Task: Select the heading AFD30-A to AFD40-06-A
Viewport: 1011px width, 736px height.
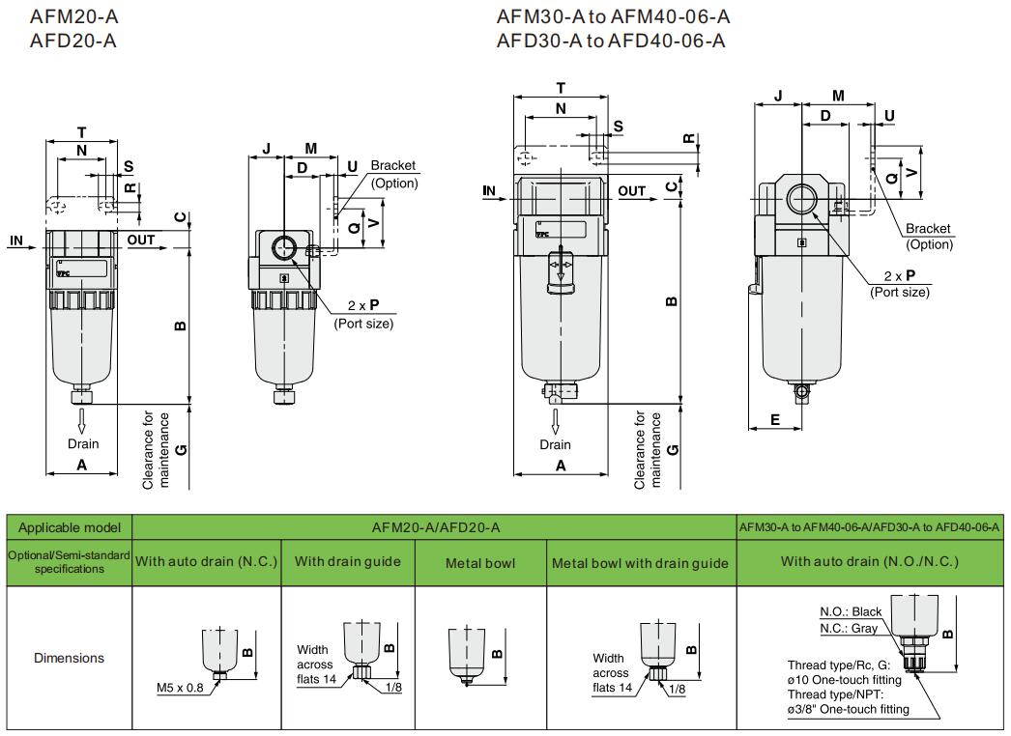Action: click(x=611, y=40)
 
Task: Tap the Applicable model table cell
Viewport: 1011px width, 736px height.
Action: click(x=70, y=527)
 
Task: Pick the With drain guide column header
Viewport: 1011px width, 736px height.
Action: click(x=348, y=562)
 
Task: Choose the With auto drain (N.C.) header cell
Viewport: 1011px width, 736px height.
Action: click(x=206, y=562)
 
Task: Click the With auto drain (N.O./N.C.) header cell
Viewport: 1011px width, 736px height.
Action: click(x=870, y=562)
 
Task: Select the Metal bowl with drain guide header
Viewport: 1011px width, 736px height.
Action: click(x=641, y=563)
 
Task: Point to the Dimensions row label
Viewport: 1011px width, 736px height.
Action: click(x=69, y=658)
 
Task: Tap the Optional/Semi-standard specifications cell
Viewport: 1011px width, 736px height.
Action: click(x=69, y=562)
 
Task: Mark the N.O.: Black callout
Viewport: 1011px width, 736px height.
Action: click(x=851, y=611)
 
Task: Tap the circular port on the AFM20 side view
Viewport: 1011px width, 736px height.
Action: click(x=284, y=248)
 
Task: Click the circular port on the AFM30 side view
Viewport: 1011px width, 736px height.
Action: click(x=801, y=201)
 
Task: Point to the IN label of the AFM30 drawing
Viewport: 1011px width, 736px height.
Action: click(x=489, y=191)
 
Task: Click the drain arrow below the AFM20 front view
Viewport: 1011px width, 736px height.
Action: click(x=82, y=420)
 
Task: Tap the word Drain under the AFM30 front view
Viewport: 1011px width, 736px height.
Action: click(x=556, y=445)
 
